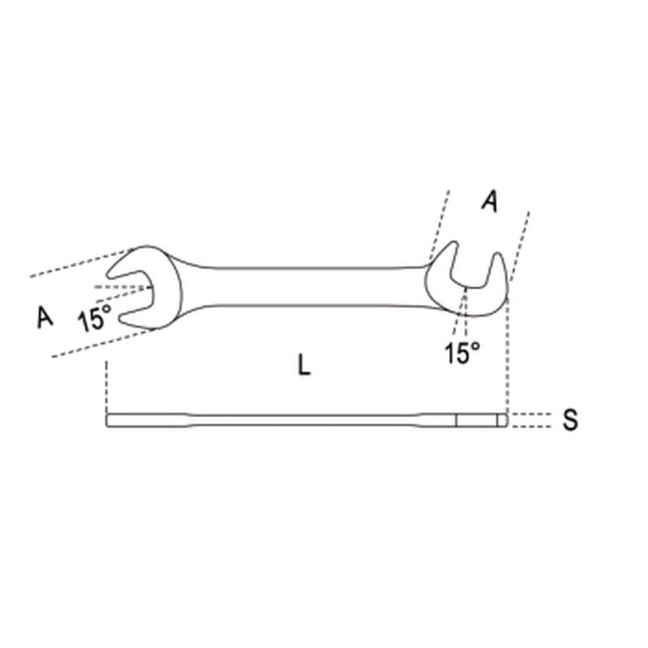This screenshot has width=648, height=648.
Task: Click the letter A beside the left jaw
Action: tap(45, 317)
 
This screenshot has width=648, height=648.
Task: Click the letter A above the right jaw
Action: tap(488, 201)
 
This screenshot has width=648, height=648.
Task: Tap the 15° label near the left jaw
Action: tap(95, 318)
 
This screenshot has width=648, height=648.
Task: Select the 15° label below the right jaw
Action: tap(463, 352)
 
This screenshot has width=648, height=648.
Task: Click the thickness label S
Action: tap(571, 420)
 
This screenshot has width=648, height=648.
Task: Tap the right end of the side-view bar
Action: tap(502, 420)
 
